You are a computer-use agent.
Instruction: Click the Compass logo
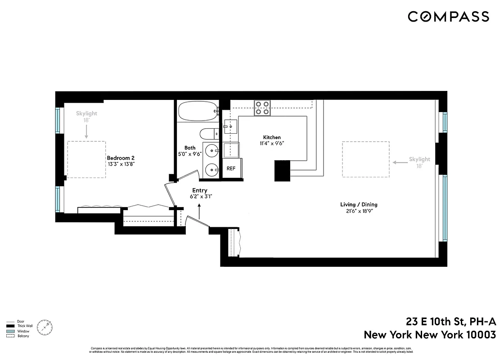click(448, 17)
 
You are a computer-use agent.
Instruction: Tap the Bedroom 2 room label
click(121, 158)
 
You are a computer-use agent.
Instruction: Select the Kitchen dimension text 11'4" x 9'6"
click(272, 144)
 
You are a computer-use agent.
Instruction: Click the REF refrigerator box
click(231, 169)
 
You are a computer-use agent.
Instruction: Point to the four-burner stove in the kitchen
click(263, 108)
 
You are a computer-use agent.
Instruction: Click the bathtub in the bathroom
click(197, 111)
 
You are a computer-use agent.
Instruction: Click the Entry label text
click(199, 190)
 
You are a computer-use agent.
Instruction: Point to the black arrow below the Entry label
click(199, 211)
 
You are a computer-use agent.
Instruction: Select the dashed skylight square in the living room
click(365, 159)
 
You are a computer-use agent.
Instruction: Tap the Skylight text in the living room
click(419, 159)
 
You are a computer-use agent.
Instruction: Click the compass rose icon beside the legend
click(45, 327)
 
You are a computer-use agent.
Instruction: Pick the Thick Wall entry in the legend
click(25, 326)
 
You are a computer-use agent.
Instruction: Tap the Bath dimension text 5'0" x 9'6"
click(190, 153)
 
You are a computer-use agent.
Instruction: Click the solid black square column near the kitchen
click(283, 171)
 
